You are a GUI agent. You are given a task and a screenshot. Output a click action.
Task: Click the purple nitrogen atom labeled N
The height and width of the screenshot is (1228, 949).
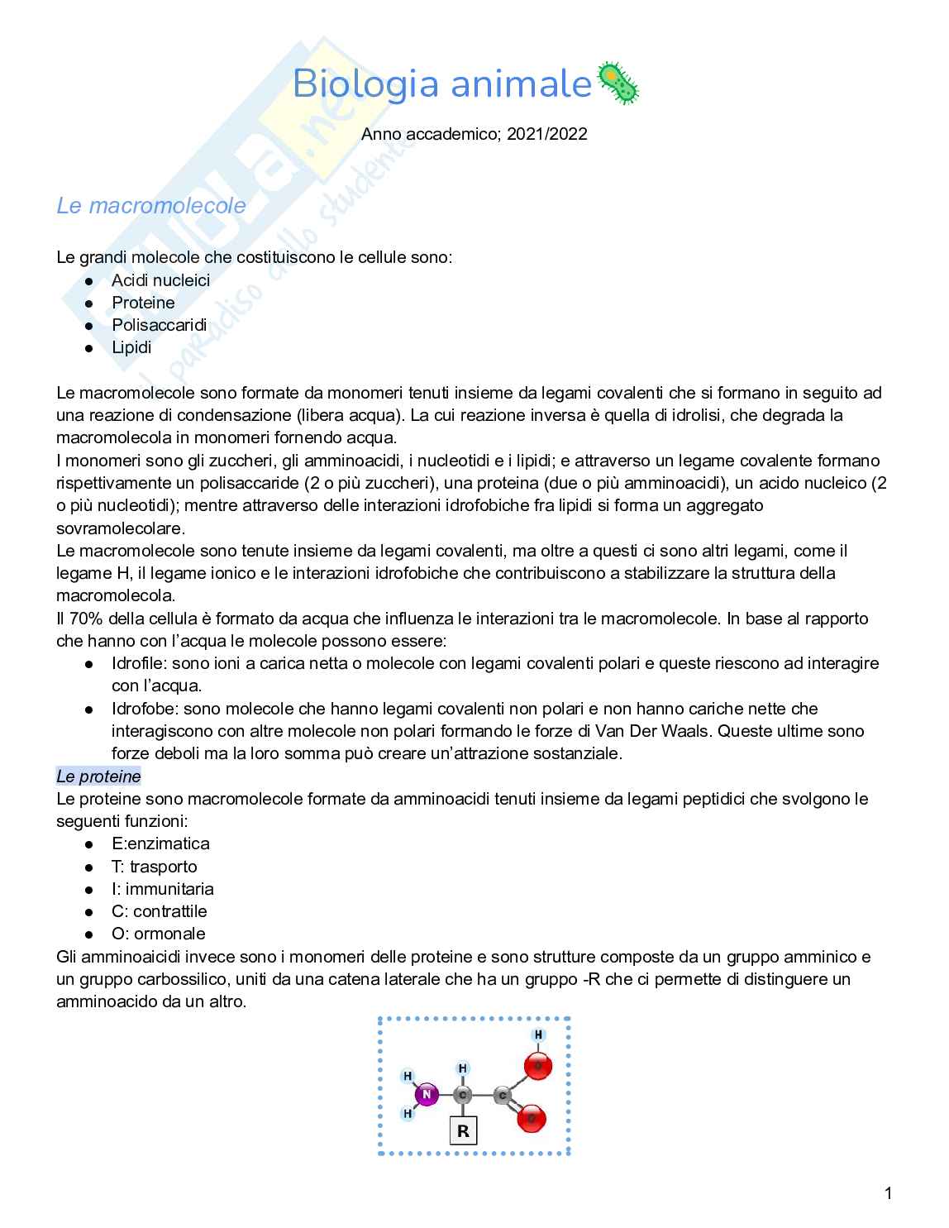click(x=427, y=1095)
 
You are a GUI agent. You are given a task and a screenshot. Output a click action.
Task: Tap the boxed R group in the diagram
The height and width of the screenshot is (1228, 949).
click(x=463, y=1130)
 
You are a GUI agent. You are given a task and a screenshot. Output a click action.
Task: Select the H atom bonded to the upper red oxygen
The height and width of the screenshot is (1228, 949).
click(x=538, y=1034)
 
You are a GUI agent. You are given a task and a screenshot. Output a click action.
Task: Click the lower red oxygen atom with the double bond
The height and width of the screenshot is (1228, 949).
click(x=532, y=1119)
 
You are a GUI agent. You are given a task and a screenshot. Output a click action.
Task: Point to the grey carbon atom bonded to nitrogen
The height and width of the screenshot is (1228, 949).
click(x=463, y=1095)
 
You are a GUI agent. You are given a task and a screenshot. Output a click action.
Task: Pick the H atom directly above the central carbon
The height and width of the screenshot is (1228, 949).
click(x=463, y=1068)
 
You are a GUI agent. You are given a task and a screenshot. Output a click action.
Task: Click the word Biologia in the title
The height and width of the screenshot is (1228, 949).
click(x=365, y=84)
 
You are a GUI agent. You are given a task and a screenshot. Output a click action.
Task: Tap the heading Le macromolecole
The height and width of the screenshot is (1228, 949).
click(x=150, y=205)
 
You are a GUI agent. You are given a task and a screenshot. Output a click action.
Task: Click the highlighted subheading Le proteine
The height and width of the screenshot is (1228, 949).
click(x=98, y=776)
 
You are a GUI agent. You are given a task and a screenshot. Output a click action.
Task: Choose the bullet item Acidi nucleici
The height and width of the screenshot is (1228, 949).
click(x=160, y=280)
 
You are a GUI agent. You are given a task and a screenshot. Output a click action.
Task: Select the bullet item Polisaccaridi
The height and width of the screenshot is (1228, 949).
click(x=159, y=325)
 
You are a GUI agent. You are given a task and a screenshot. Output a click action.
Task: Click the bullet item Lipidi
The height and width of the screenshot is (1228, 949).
click(x=131, y=347)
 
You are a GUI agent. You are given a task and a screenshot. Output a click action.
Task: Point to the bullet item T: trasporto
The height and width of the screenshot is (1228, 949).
click(x=154, y=867)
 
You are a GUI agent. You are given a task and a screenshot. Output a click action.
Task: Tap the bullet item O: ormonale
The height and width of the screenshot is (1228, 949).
click(x=158, y=934)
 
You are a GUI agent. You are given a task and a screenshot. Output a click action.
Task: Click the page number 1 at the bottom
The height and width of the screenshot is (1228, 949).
click(x=888, y=1193)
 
